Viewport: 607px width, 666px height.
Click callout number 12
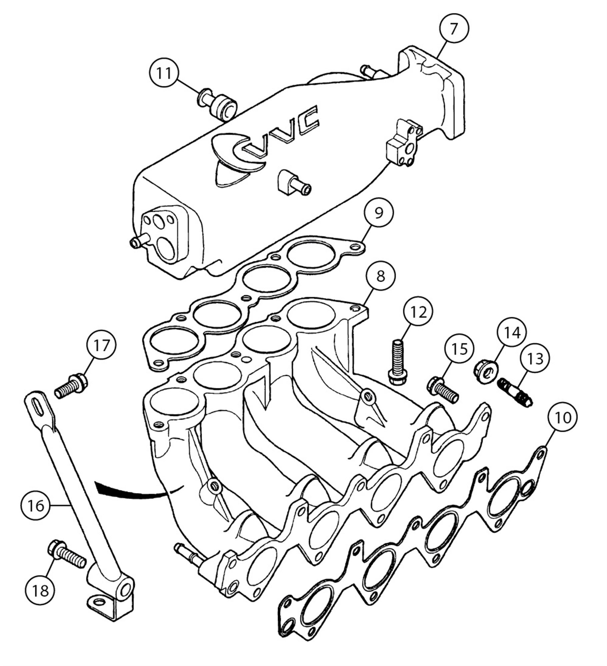(418, 312)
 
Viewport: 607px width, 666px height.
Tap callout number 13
(535, 359)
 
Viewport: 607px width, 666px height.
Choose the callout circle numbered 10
(563, 418)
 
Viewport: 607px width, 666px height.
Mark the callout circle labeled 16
(36, 505)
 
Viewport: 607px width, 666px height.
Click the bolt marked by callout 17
(71, 387)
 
